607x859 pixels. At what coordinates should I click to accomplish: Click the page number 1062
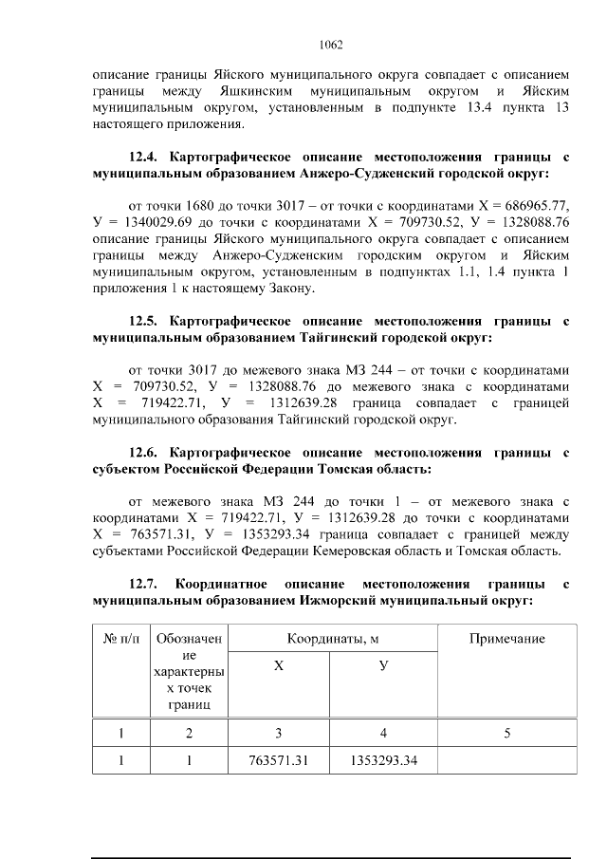331,44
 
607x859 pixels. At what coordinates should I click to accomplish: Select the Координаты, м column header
330,639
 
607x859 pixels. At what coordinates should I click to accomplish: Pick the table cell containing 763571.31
279,760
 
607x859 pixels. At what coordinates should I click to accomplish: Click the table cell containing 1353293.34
384,760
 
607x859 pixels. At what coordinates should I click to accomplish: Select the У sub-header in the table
384,666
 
